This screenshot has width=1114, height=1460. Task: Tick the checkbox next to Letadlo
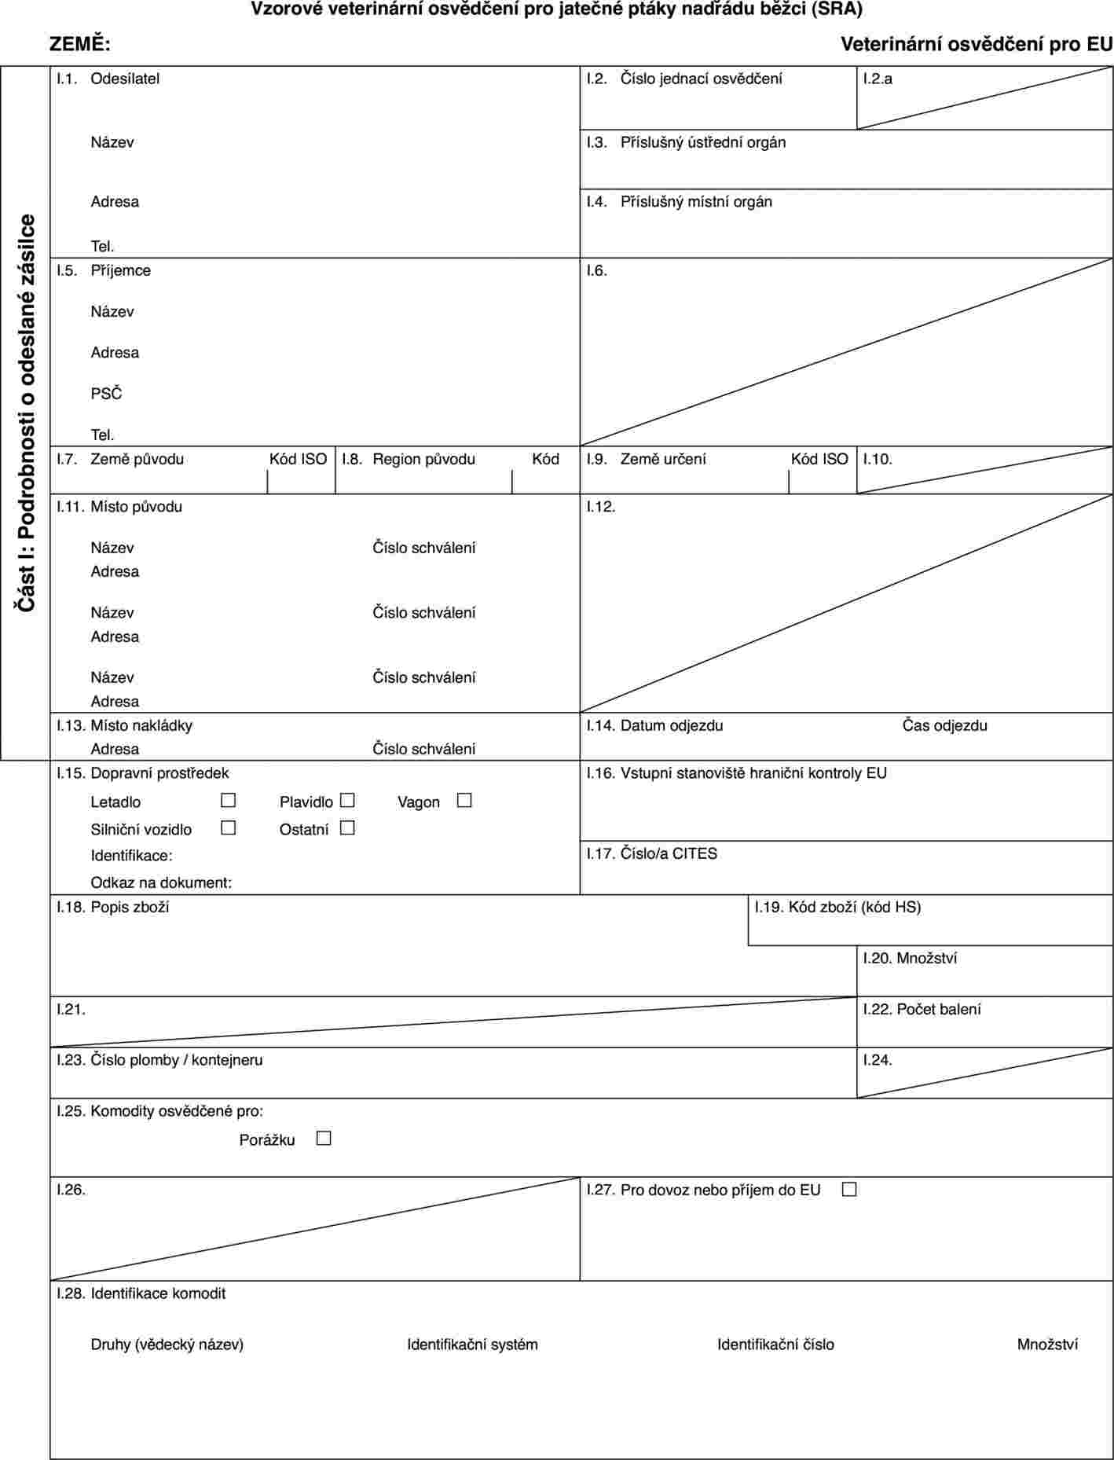(x=229, y=801)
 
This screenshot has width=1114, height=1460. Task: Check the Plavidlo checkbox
(x=348, y=801)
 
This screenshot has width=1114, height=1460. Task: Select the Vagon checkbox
(x=464, y=801)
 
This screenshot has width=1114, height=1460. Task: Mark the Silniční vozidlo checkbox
(x=229, y=827)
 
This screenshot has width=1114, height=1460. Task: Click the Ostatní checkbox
(x=348, y=827)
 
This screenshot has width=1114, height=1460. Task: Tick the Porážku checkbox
(x=324, y=1138)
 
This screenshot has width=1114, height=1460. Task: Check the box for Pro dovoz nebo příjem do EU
(x=848, y=1189)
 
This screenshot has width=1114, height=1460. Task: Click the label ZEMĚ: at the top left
(x=79, y=45)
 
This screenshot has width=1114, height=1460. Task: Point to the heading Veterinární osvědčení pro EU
(x=977, y=45)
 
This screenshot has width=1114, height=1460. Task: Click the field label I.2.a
(x=878, y=79)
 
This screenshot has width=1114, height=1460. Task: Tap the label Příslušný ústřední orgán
(x=702, y=142)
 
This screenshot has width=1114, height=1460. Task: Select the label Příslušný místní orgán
(x=696, y=202)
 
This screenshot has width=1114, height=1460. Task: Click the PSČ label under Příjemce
(x=106, y=394)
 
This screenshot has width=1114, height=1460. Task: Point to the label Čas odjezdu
(x=944, y=725)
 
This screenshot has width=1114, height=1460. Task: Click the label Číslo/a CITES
(x=669, y=853)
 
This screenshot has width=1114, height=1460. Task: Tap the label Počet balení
(x=938, y=1009)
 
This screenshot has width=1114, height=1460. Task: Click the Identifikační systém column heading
(x=472, y=1344)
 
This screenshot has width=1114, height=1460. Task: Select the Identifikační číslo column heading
(x=775, y=1344)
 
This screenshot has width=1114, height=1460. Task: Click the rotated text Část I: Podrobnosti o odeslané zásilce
(x=26, y=413)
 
